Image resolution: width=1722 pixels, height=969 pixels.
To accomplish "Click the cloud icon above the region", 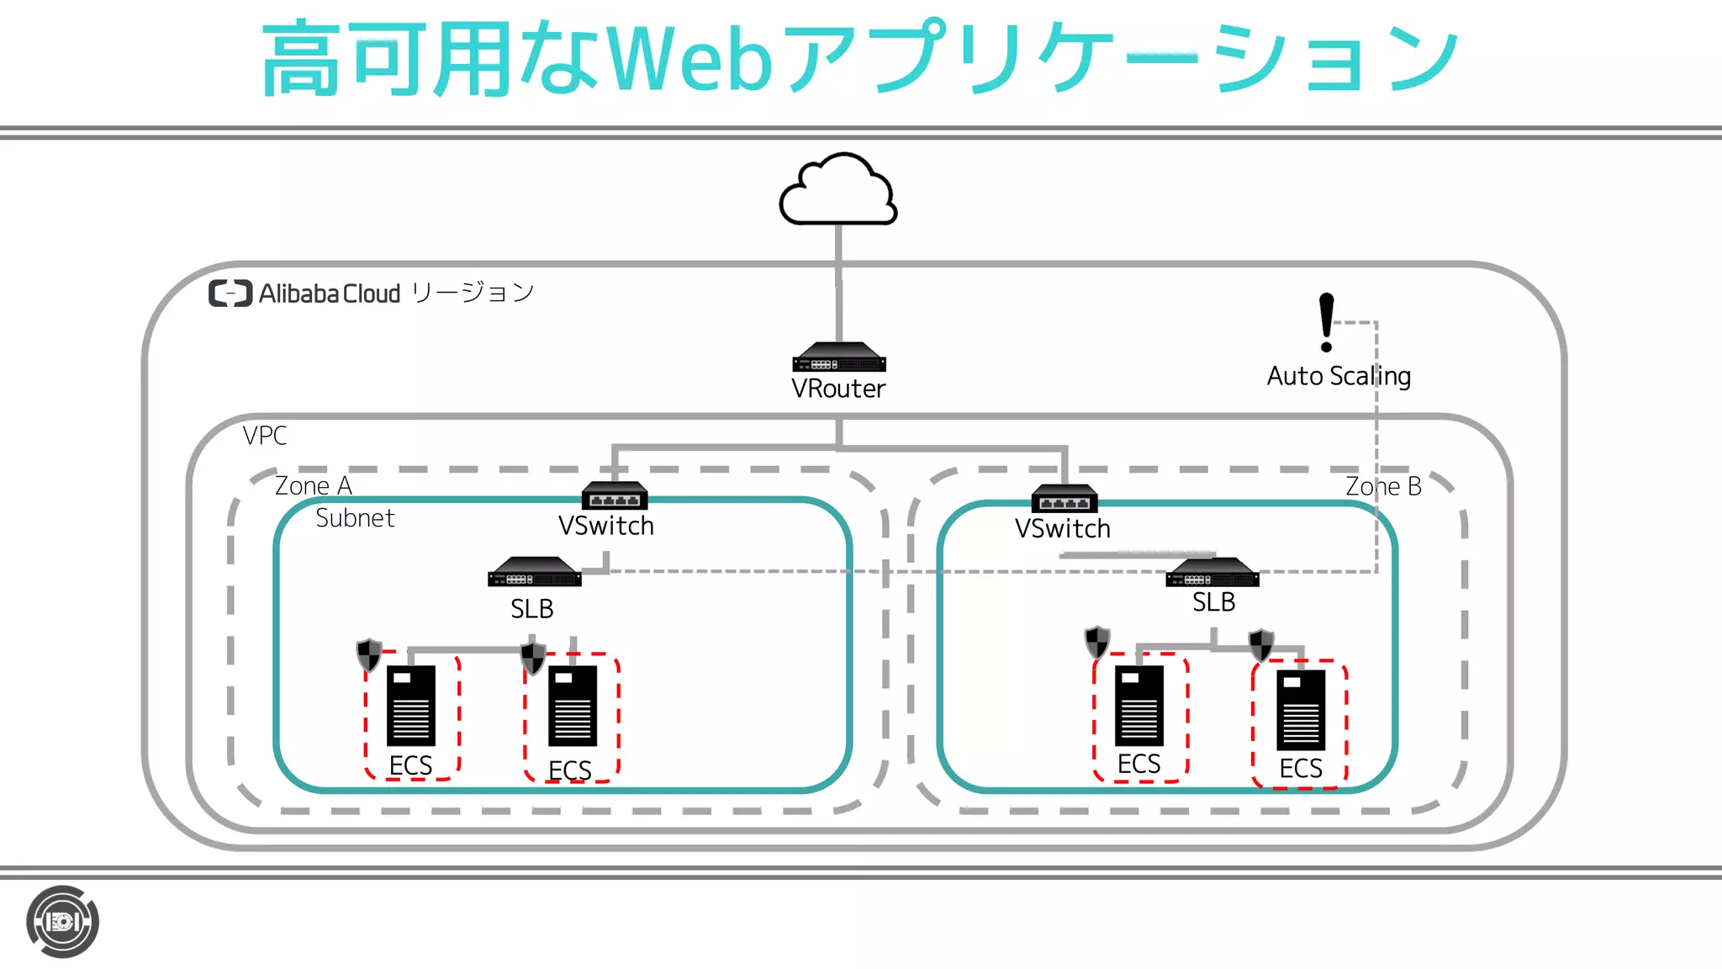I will click(838, 192).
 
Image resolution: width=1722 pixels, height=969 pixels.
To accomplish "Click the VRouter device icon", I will click(838, 357).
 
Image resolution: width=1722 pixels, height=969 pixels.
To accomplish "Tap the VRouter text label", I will click(838, 389).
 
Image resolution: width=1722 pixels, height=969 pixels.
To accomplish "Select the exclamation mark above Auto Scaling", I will click(1326, 321).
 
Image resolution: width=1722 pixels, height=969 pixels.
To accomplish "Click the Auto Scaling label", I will click(1339, 376).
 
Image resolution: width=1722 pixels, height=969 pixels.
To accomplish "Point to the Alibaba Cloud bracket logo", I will click(230, 294).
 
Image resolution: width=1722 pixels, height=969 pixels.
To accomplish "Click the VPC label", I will click(265, 436).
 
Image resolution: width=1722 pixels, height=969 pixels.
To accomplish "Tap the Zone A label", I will click(314, 486).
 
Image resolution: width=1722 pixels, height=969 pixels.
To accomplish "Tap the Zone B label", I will click(1383, 486).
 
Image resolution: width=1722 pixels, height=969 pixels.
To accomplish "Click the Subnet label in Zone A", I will click(355, 518).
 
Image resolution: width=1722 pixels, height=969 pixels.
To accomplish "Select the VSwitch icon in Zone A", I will click(615, 495).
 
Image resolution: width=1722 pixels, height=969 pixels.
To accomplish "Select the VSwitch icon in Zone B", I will click(1064, 499).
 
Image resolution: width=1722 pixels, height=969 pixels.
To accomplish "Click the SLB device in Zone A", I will click(534, 573).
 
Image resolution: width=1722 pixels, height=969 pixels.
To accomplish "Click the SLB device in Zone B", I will click(1212, 573).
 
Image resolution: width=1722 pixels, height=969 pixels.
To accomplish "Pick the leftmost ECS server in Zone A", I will click(411, 706).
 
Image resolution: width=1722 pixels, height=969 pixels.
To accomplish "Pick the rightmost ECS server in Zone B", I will click(1301, 710).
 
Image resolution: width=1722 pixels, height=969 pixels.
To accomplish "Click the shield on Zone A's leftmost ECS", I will click(369, 654).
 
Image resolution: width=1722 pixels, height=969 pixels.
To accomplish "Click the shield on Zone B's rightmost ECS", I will click(1260, 645).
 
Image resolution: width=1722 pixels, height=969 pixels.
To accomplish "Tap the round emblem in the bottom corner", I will click(62, 922).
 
